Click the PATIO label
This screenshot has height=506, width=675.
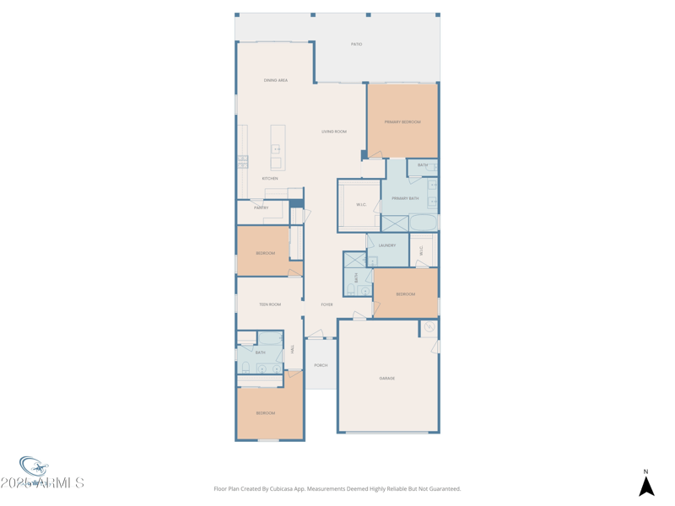pos(357,44)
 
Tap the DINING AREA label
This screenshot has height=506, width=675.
pos(276,80)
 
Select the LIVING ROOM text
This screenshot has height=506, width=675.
pos(334,132)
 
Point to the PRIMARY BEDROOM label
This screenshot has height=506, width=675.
pos(402,122)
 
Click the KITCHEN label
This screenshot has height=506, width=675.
pos(270,179)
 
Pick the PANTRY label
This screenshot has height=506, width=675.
pos(262,207)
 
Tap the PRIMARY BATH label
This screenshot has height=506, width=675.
pos(405,198)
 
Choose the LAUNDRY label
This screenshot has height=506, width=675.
pos(387,245)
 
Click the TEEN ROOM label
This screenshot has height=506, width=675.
pos(270,304)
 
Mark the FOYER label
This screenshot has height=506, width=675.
pos(327,304)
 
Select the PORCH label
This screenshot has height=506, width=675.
pos(321,365)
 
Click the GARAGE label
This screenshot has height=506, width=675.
pos(387,379)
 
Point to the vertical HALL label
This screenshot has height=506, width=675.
pos(293,349)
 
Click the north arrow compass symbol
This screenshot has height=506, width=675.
pos(646,486)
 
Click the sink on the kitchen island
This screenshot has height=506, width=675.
pos(276,150)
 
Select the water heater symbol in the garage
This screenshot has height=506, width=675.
pos(429,327)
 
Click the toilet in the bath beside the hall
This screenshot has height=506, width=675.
pos(246,369)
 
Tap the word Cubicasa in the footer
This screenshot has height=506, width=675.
pos(300,488)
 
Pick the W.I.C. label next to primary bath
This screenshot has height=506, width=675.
pos(361,205)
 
